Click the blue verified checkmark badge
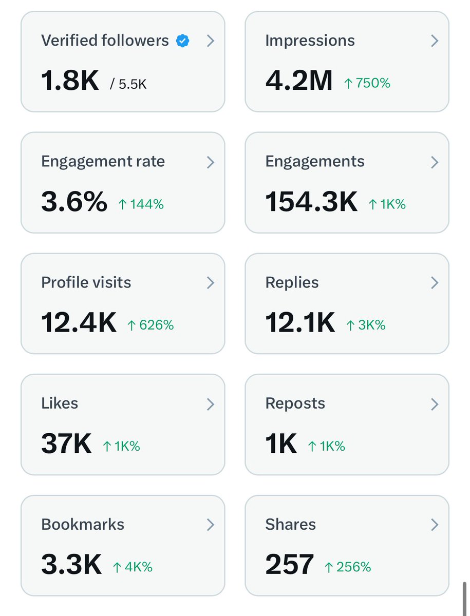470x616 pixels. coord(182,41)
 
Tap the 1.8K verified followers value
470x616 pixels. coord(70,81)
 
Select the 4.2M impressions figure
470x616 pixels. coord(299,81)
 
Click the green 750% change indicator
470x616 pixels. coord(367,83)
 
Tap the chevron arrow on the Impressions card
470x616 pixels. coord(435,41)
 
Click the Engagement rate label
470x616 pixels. coord(103,162)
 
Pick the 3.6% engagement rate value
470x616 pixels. coord(74,202)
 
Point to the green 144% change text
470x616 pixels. coord(141,204)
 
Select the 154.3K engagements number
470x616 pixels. coord(311,202)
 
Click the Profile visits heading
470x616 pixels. coord(86,283)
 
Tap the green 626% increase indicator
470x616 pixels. coord(151,325)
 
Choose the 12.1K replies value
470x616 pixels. coord(300,323)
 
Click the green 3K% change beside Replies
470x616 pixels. coord(365,325)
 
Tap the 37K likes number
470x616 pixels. coord(66,445)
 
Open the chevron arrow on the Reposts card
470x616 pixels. coord(435,405)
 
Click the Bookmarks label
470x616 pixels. coord(83,525)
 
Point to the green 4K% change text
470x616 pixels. coord(133,567)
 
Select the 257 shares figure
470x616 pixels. coord(289,565)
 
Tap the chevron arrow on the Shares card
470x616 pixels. coord(435,525)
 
